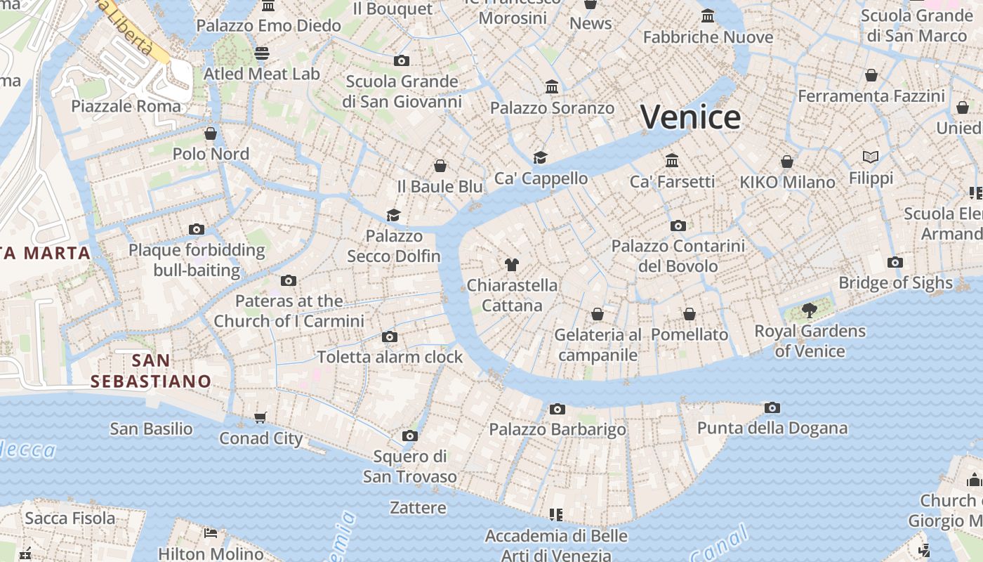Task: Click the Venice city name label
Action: (691, 117)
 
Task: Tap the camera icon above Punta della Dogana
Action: (772, 407)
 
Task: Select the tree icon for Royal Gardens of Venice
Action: (809, 310)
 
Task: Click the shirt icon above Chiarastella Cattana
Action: (512, 265)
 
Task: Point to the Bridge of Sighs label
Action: (895, 283)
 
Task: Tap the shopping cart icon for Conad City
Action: (260, 418)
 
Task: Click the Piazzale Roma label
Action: (126, 106)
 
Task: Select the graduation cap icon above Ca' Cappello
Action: (540, 157)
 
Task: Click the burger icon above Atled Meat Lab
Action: (262, 53)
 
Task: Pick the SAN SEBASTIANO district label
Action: (151, 371)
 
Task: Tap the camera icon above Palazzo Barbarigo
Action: (557, 409)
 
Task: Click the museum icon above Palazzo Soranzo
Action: (552, 87)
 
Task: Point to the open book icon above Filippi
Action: (871, 157)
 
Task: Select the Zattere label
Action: (418, 507)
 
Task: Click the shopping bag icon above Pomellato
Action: (690, 313)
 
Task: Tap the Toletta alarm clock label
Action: (390, 357)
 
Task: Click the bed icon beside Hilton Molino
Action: (210, 532)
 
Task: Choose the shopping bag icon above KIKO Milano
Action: (787, 162)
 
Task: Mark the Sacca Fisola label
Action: (70, 518)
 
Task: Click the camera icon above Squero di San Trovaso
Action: (410, 436)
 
